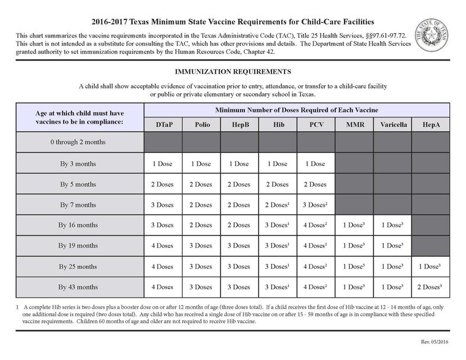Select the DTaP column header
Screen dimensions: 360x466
(163, 125)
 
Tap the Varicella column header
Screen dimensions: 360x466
(392, 125)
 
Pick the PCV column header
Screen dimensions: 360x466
(315, 125)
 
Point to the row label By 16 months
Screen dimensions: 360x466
(78, 225)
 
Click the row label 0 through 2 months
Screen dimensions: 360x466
(78, 142)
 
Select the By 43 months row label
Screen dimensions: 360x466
(78, 287)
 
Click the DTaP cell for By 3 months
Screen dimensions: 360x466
(163, 163)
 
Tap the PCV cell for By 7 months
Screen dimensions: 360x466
(315, 205)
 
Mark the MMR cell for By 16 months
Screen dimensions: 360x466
(354, 225)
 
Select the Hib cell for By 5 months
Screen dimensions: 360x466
(277, 184)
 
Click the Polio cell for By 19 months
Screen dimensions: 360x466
(201, 246)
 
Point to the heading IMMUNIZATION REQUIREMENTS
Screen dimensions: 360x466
(232, 72)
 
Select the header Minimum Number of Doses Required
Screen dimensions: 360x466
(296, 110)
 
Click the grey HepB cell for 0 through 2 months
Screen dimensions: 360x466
(239, 142)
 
